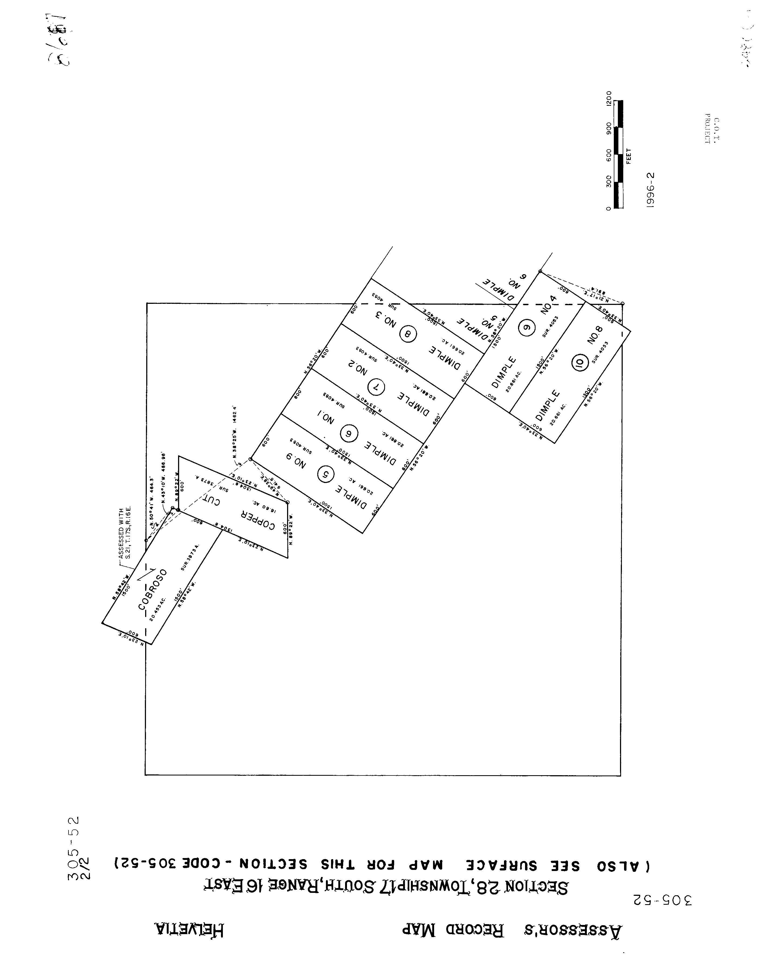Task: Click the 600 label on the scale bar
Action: coord(609,155)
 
